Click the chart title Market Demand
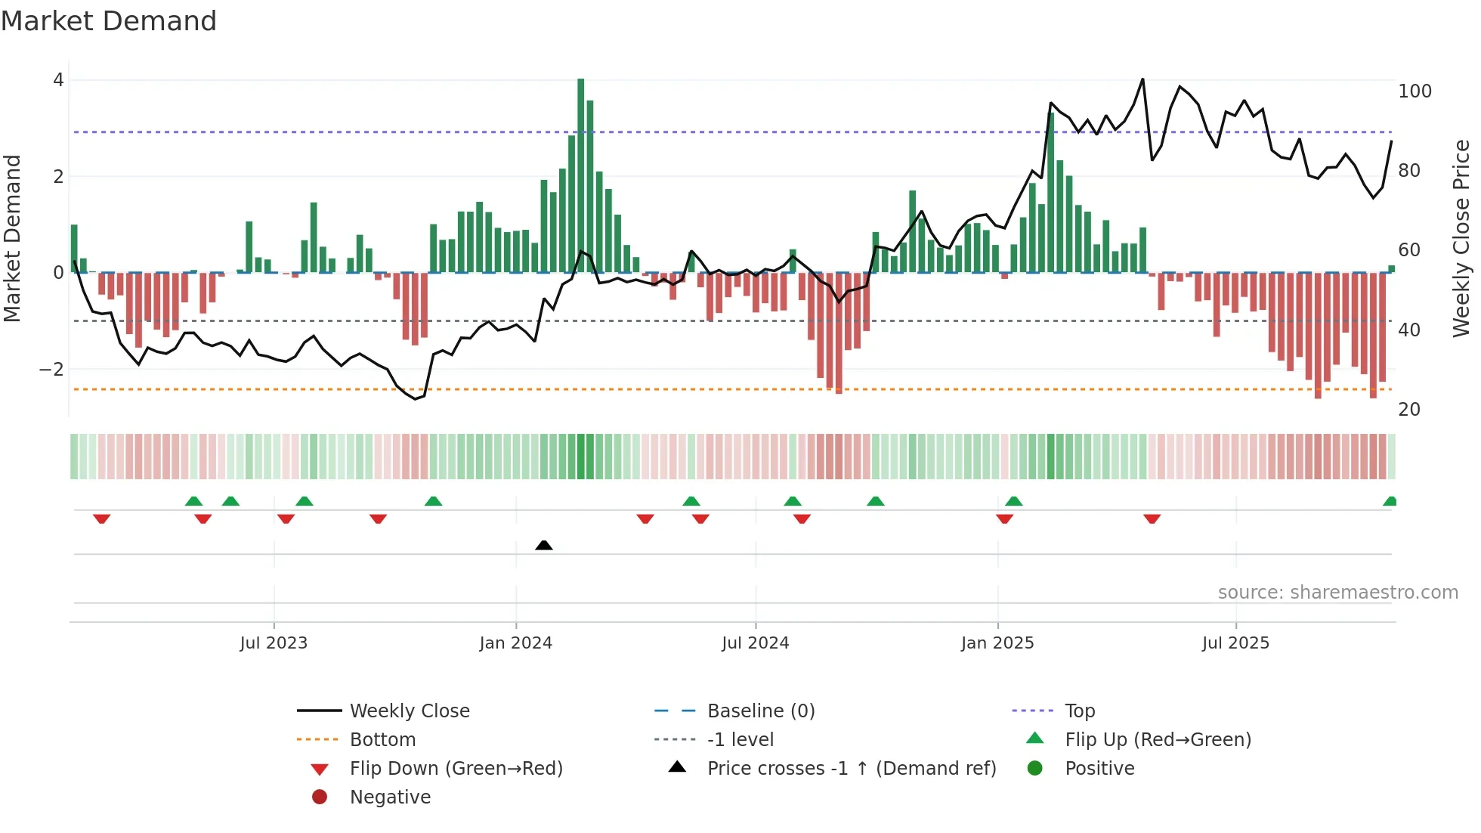click(109, 21)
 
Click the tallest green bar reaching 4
click(580, 174)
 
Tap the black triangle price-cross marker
click(543, 545)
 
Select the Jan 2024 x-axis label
click(515, 643)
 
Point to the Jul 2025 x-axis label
click(1235, 643)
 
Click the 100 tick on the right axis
click(1415, 91)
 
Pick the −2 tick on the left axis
click(51, 370)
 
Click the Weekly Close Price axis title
click(1461, 238)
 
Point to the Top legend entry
click(1079, 711)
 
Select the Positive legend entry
click(1099, 769)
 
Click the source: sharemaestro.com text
click(1337, 593)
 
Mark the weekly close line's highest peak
click(1142, 79)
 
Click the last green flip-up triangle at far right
click(1390, 501)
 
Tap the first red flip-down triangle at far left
click(102, 519)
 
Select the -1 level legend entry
click(740, 740)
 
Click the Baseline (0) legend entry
click(760, 711)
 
